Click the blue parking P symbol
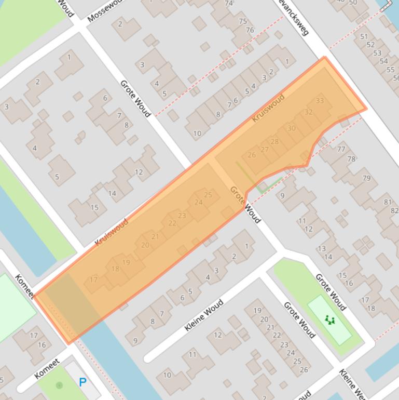tap(82, 382)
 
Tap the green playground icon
tap(329, 320)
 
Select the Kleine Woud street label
tap(204, 315)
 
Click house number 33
tap(320, 101)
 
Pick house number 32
tap(308, 112)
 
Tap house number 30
tap(291, 128)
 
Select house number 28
tap(274, 141)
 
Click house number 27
tap(265, 150)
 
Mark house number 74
tap(229, 4)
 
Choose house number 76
tap(250, 30)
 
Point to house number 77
tap(341, 149)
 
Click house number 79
tap(366, 178)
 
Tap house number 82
tap(394, 210)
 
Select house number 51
tap(364, 37)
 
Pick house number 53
tap(377, 53)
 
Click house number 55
tap(391, 70)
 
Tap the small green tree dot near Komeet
tap(59, 385)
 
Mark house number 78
tap(351, 159)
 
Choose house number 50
tap(353, 3)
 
